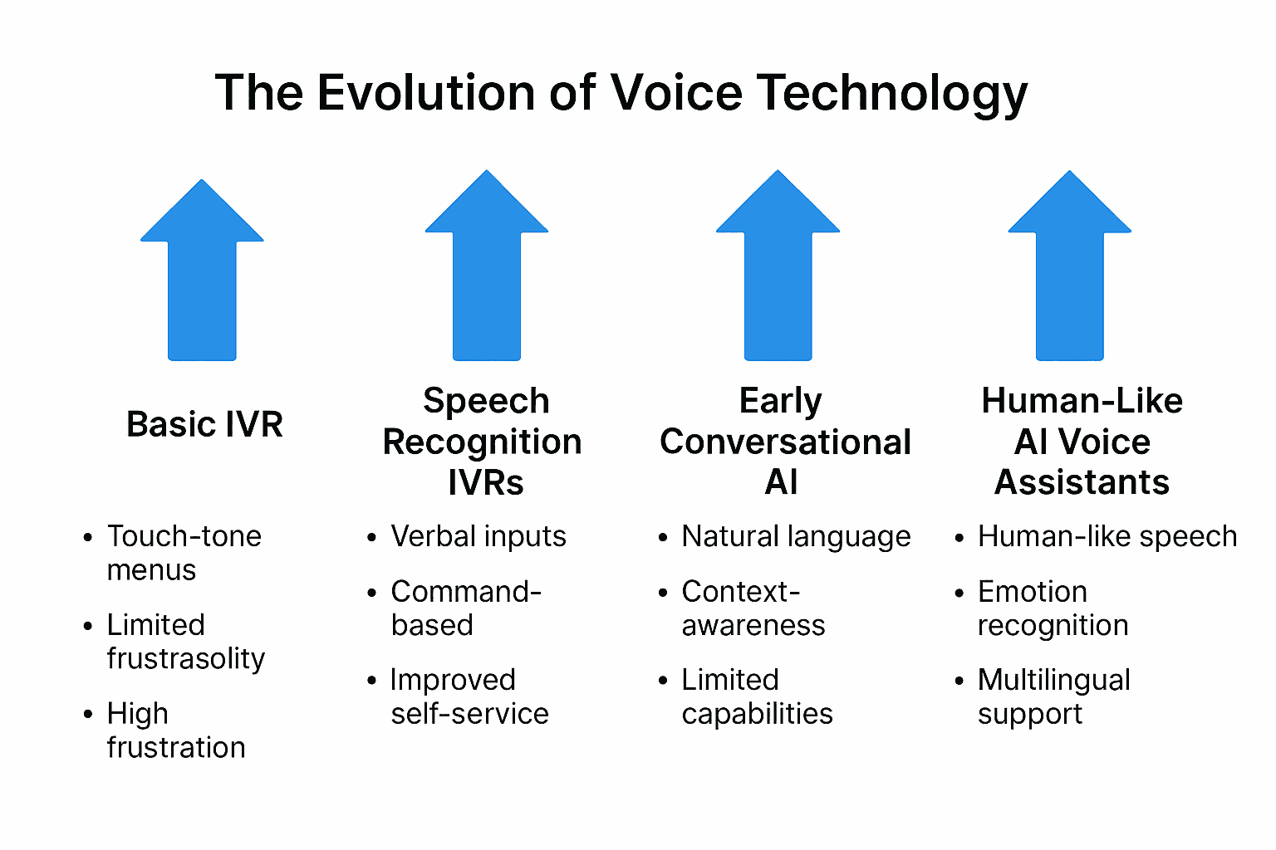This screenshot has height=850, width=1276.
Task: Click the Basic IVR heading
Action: coord(204,424)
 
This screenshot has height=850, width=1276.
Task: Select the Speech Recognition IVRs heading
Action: coord(483,442)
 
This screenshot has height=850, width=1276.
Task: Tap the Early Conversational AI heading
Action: coord(785,442)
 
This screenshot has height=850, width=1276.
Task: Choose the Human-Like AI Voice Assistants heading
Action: coord(1082,442)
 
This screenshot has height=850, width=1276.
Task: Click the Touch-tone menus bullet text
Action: coord(184,553)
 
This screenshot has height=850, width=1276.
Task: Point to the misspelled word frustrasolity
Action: coord(186,658)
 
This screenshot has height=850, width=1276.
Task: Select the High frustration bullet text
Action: coord(175,730)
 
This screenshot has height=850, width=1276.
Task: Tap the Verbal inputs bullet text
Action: coord(478,536)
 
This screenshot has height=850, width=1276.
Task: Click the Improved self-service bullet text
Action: coord(469,696)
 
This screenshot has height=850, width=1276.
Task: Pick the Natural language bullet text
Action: coord(796,537)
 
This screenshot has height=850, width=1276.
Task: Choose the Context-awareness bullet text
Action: coord(753,608)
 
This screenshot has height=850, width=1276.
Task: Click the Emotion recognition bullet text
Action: coord(1053,608)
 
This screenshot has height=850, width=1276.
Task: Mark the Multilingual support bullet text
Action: coord(1053,696)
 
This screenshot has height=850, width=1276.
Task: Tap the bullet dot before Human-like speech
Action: coord(959,539)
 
